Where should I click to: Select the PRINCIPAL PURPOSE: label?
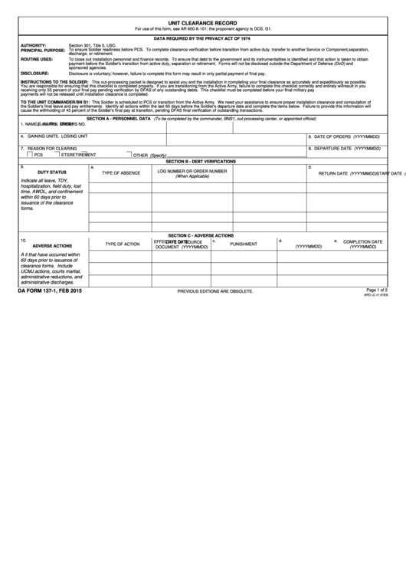point(43,51)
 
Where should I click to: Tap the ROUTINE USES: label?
point(36,59)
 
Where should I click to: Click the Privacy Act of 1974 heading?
point(202,38)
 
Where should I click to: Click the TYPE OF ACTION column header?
point(122,244)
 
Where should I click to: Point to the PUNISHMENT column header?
point(244,244)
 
